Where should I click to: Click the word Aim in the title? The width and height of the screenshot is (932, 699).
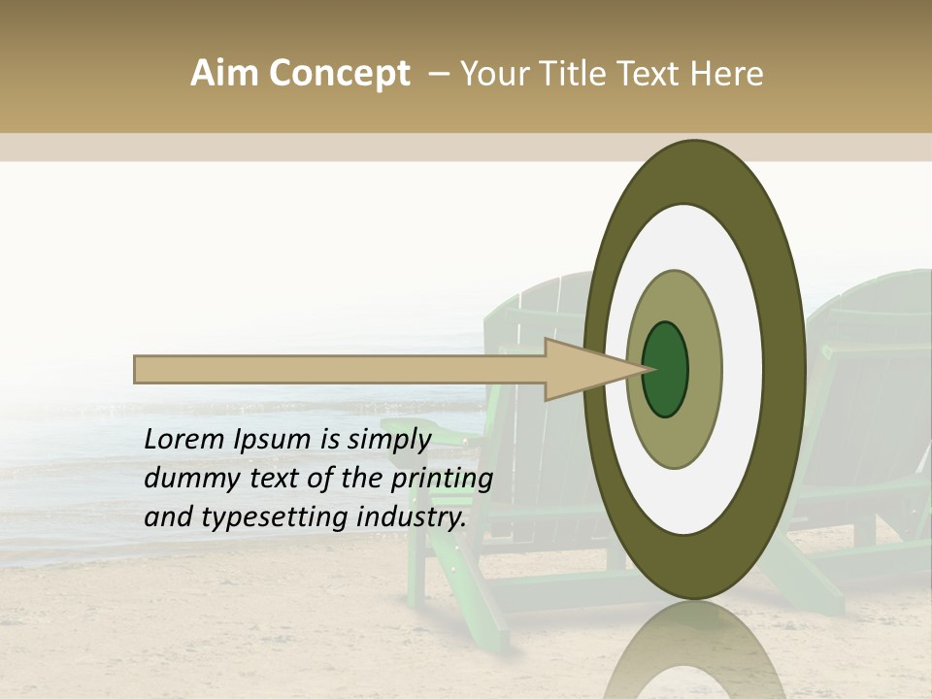click(x=224, y=74)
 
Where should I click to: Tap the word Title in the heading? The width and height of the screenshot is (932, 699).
click(x=581, y=74)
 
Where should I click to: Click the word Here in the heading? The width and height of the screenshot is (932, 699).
click(x=728, y=74)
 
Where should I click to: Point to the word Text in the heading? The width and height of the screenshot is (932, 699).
click(x=654, y=74)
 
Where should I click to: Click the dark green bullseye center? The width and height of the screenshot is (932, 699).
click(x=665, y=369)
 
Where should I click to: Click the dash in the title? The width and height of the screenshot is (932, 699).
click(x=439, y=74)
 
